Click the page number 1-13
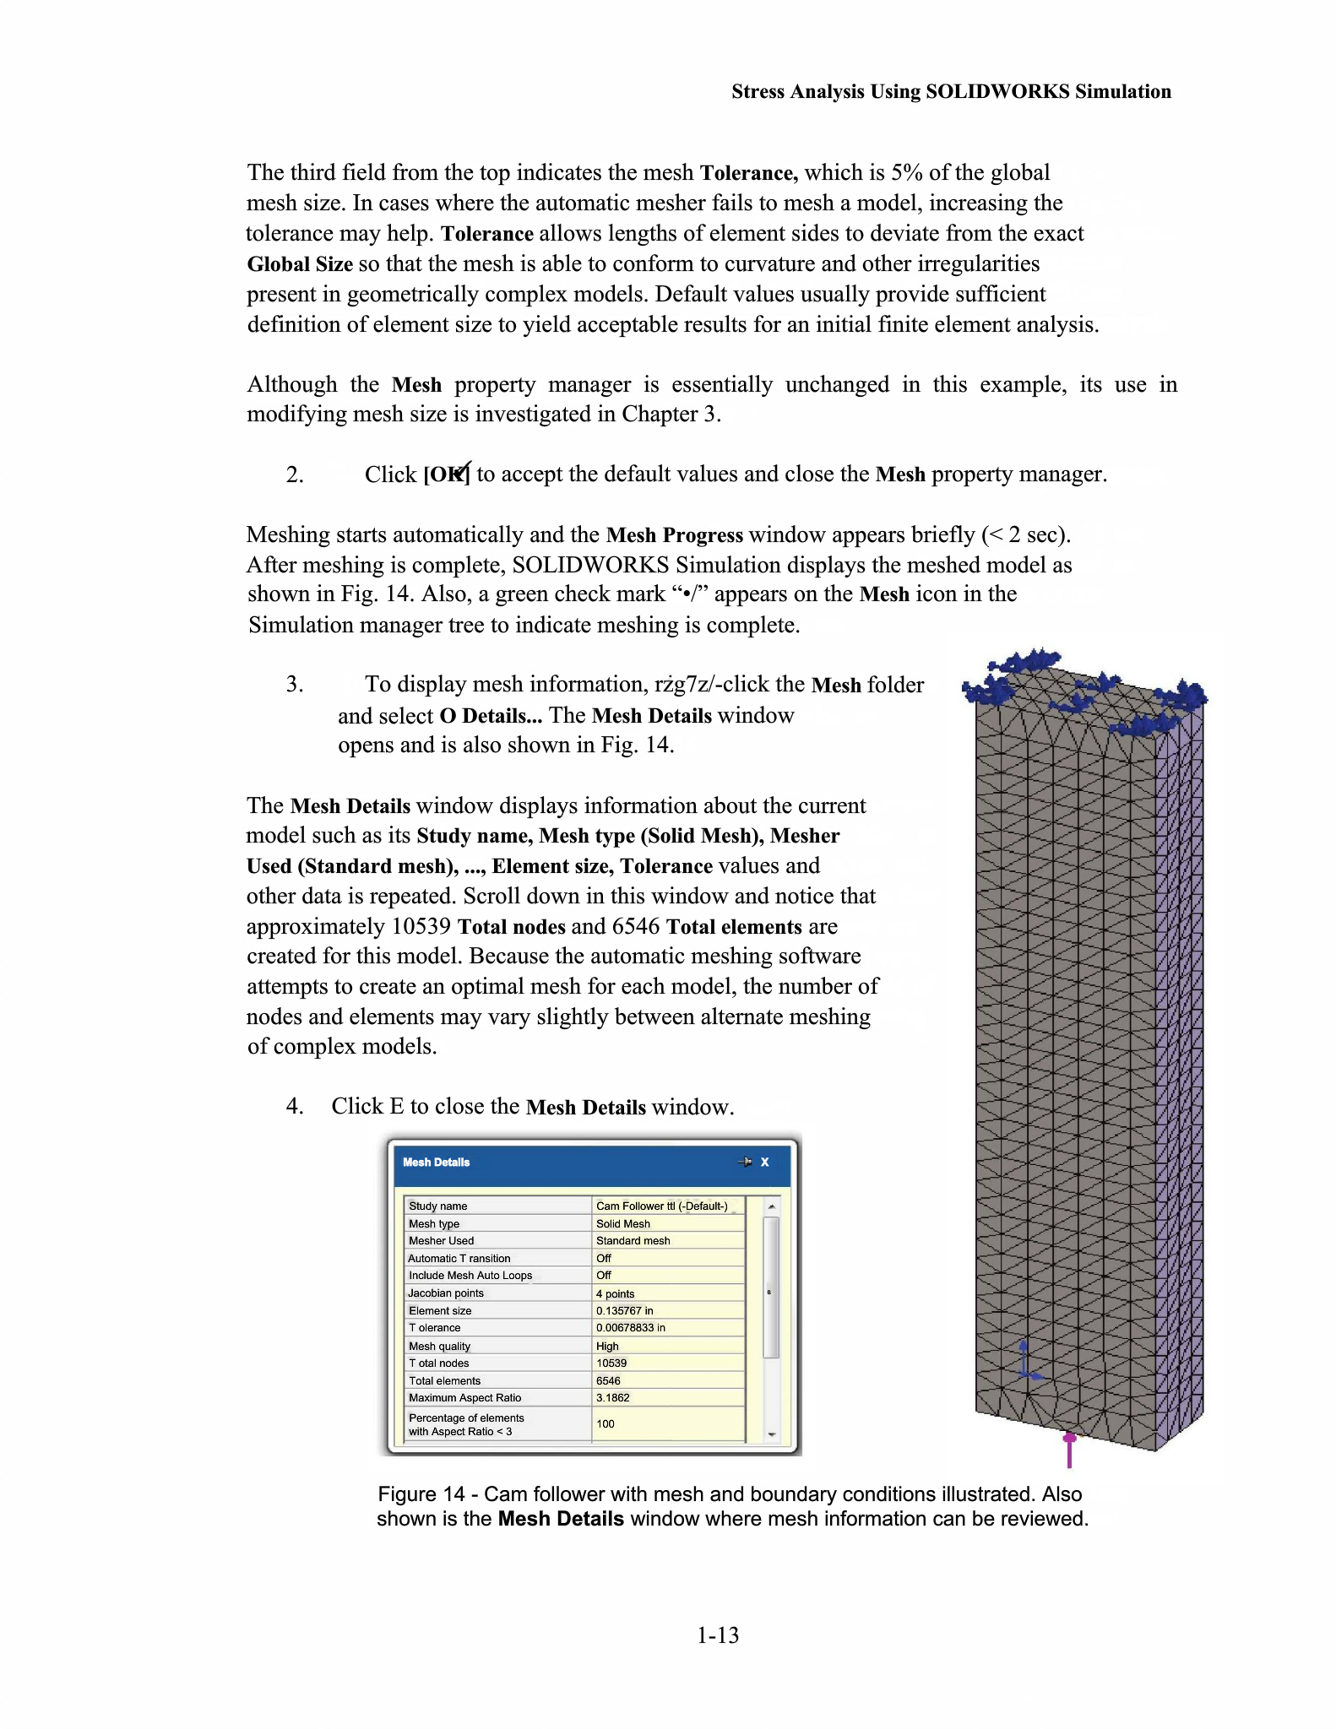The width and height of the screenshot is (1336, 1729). point(718,1635)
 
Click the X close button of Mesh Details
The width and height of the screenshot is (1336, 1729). point(765,1162)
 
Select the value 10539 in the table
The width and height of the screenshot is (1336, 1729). point(611,1363)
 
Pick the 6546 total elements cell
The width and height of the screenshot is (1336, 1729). point(608,1380)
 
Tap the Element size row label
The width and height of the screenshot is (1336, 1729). point(440,1310)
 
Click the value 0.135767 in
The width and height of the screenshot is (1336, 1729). point(624,1310)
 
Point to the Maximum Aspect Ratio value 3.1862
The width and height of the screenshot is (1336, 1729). point(612,1397)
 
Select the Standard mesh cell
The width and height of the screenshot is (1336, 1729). point(633,1240)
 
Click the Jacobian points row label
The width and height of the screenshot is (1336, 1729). point(446,1293)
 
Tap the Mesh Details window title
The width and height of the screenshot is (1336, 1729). point(436,1162)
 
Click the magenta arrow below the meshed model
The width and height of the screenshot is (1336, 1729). point(1069,1449)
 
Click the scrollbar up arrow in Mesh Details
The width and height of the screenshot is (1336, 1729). point(771,1206)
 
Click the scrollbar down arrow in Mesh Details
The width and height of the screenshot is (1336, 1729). point(771,1434)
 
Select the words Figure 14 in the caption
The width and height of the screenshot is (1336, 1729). point(421,1493)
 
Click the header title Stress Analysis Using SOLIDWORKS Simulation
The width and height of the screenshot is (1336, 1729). point(951,91)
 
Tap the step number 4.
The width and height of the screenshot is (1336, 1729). point(294,1106)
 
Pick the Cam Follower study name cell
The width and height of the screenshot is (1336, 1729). point(661,1206)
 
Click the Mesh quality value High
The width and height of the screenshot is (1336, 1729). point(607,1346)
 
